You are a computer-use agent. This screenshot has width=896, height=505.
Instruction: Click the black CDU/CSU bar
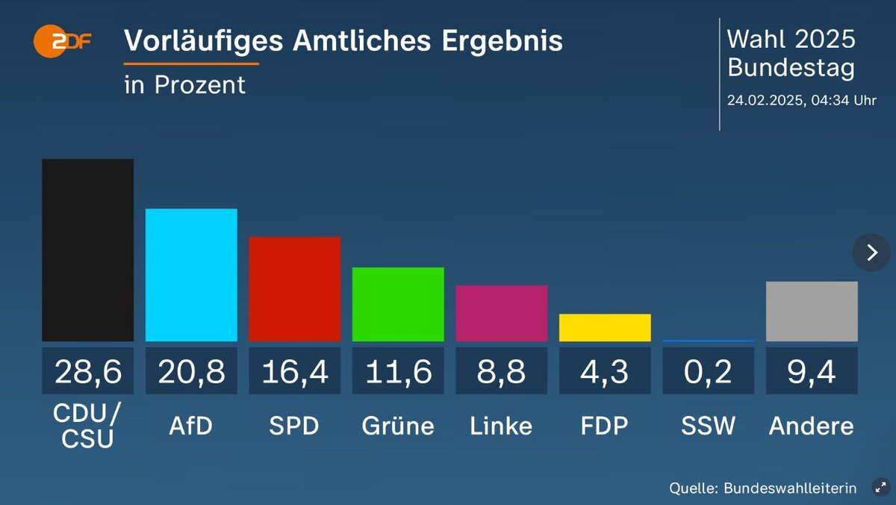click(x=87, y=250)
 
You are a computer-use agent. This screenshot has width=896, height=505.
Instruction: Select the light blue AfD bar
click(x=191, y=275)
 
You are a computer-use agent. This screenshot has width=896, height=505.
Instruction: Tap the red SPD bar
click(x=294, y=289)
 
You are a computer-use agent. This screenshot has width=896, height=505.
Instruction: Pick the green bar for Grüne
click(x=398, y=304)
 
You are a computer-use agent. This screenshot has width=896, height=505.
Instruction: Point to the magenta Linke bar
click(x=502, y=313)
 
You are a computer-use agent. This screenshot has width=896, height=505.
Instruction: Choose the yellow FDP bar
click(x=605, y=328)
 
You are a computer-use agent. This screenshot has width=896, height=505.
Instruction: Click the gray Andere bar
click(x=812, y=312)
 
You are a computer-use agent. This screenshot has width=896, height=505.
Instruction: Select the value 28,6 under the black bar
click(x=87, y=371)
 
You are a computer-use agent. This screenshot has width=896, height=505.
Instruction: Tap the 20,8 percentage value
click(x=191, y=371)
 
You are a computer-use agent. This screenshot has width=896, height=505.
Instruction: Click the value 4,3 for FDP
click(x=605, y=371)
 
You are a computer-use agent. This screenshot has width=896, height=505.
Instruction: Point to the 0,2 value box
click(x=709, y=371)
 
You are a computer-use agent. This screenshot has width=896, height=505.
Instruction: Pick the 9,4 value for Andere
click(x=812, y=371)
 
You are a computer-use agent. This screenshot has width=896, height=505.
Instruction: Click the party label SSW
click(x=709, y=426)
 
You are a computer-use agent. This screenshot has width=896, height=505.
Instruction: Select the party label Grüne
click(x=398, y=426)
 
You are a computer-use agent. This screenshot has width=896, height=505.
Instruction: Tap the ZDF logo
click(x=63, y=42)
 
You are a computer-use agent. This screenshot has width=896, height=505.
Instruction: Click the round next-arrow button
click(x=871, y=252)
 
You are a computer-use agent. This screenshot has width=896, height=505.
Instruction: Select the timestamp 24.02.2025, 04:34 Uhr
click(x=802, y=100)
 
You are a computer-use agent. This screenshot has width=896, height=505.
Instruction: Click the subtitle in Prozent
click(x=184, y=85)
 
